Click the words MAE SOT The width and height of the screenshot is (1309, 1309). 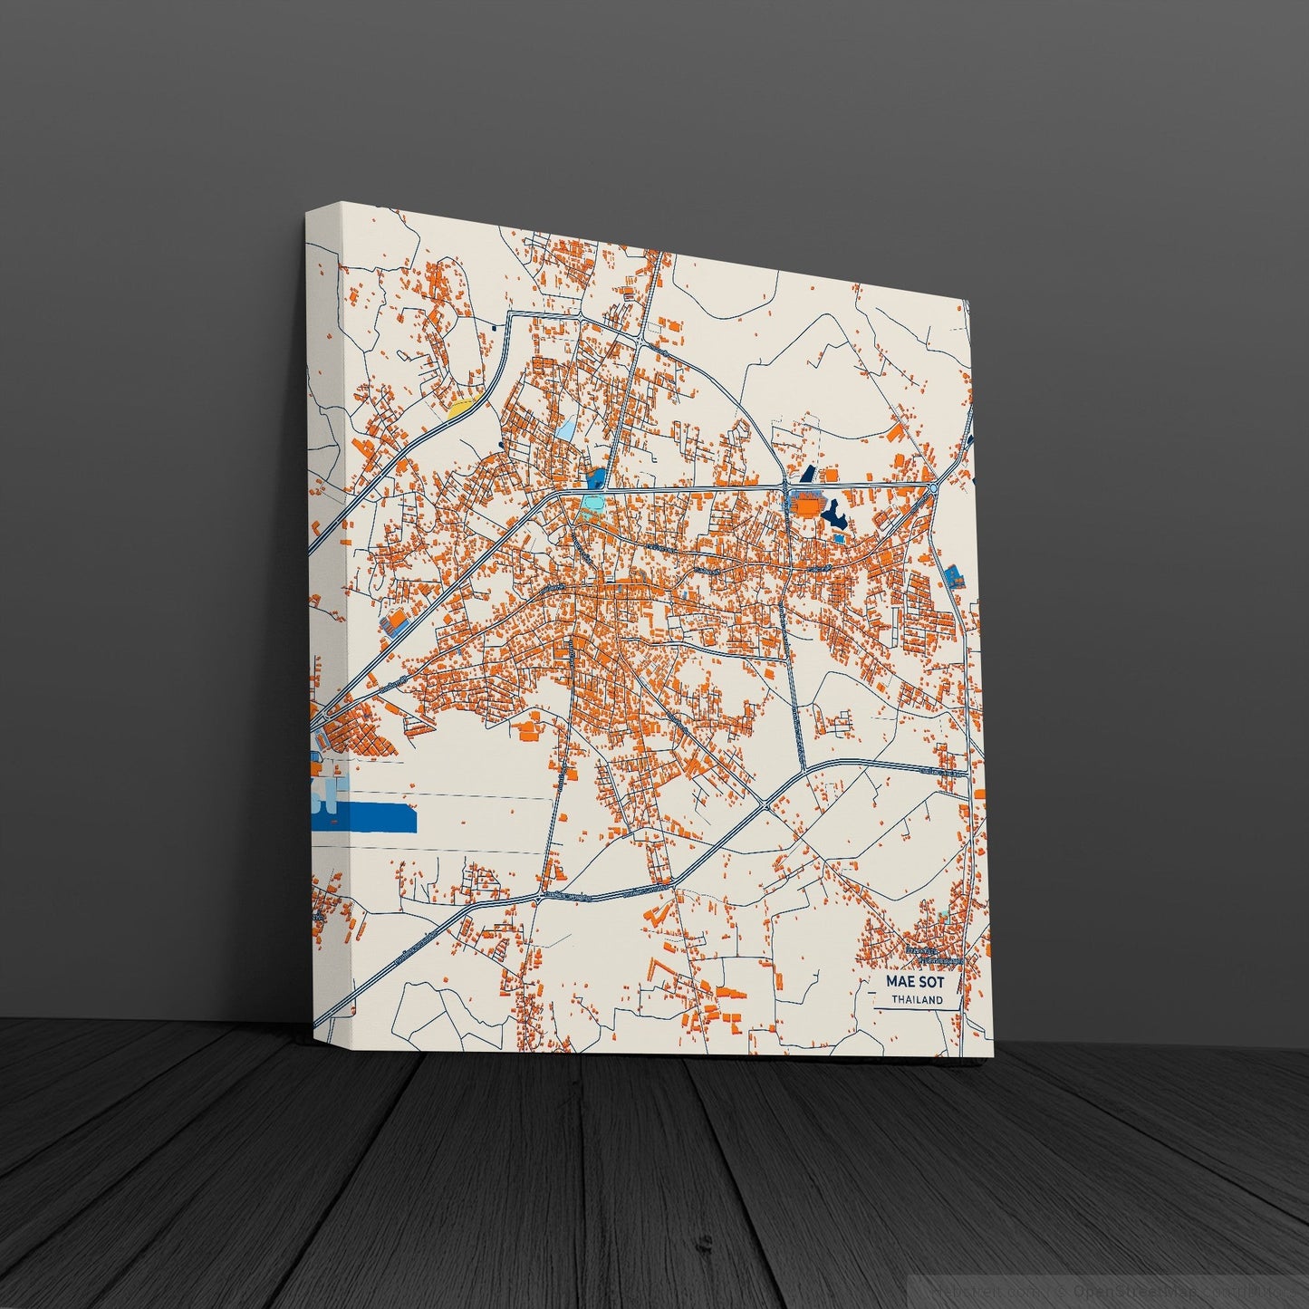pyautogui.click(x=915, y=981)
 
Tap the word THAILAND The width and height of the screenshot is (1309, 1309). pyautogui.click(x=917, y=1000)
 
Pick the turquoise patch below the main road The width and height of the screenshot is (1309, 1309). pyautogui.click(x=591, y=501)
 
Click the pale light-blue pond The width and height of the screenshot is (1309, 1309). pyautogui.click(x=566, y=428)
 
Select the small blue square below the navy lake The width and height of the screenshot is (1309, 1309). pyautogui.click(x=839, y=538)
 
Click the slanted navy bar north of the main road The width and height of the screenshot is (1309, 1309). pyautogui.click(x=808, y=474)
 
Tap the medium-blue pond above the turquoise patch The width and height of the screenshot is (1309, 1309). pyautogui.click(x=596, y=477)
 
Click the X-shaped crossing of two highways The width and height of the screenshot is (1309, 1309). pyautogui.click(x=768, y=804)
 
